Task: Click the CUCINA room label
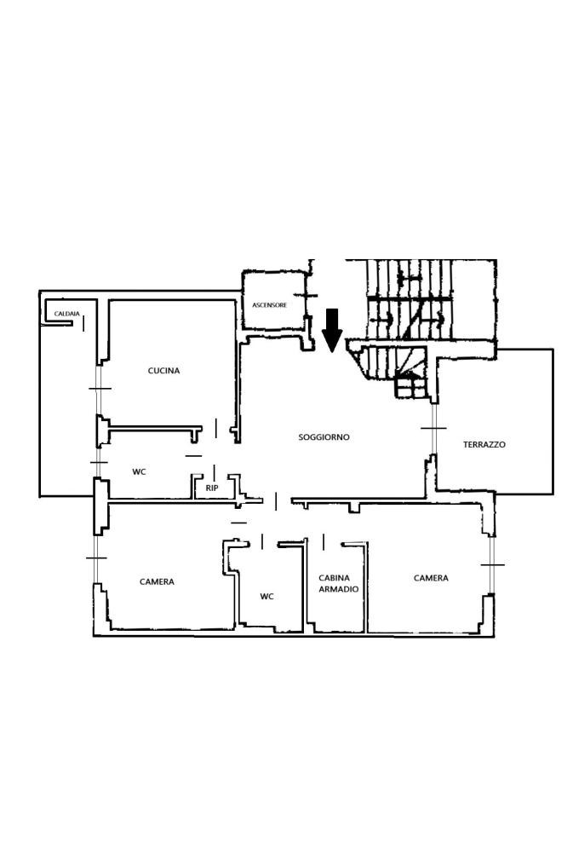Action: (163, 371)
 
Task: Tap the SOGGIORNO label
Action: (324, 437)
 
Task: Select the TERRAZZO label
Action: (484, 445)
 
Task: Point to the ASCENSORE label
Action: (269, 304)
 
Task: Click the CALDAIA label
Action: (67, 314)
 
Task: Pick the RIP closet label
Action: (212, 488)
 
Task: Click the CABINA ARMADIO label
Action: (338, 583)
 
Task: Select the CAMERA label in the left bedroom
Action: (157, 581)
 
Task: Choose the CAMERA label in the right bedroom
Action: (431, 578)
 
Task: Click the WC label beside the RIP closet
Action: (140, 471)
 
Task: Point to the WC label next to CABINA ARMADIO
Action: (266, 597)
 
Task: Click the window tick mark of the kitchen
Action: (100, 388)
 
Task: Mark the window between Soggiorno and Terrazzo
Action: (433, 428)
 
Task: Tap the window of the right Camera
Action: (492, 564)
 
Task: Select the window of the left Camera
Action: (96, 558)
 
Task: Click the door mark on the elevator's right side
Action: (309, 296)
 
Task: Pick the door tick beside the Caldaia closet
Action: (83, 323)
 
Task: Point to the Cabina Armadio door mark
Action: (324, 542)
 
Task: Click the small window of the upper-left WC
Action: (99, 462)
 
